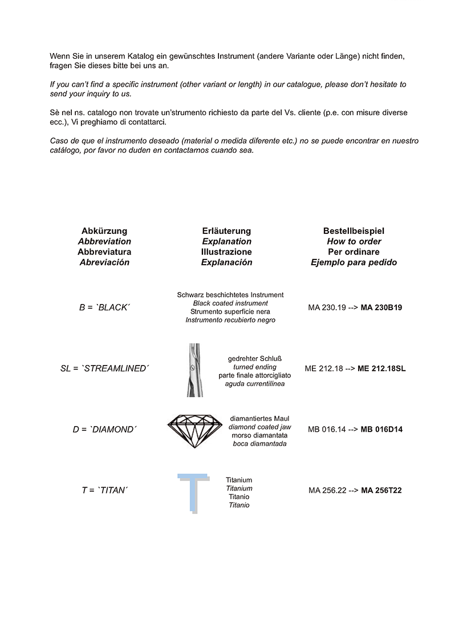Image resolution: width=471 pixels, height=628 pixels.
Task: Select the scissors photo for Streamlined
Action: (x=194, y=370)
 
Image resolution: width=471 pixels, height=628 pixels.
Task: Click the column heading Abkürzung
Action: (x=104, y=231)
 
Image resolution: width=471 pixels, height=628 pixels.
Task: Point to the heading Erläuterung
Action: (x=226, y=231)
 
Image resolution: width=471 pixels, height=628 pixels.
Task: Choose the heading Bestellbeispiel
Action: (x=354, y=231)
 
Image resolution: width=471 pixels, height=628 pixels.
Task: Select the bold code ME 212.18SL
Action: (x=381, y=368)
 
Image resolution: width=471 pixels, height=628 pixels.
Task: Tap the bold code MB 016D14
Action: (x=381, y=429)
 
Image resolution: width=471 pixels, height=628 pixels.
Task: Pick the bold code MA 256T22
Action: (x=381, y=490)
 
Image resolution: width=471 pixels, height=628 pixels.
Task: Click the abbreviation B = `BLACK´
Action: (x=104, y=307)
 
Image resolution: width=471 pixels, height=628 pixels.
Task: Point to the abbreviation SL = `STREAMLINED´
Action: (x=104, y=368)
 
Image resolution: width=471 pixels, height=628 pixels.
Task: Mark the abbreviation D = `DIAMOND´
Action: (x=104, y=429)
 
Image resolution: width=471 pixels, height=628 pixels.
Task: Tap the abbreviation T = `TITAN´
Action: (x=104, y=490)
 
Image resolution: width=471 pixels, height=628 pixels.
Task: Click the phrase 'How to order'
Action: (x=354, y=241)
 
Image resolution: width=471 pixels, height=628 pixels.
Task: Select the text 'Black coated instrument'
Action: (x=230, y=303)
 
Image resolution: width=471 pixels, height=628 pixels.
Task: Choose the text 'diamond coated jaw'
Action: (x=259, y=427)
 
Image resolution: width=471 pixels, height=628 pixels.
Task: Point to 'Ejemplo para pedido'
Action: (x=354, y=262)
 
